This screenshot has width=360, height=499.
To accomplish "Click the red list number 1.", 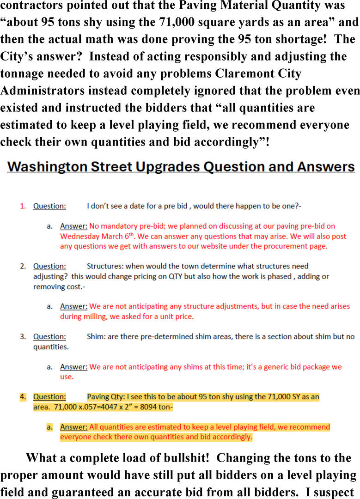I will tap(23, 206).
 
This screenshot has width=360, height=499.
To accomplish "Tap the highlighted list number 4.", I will tap(23, 397).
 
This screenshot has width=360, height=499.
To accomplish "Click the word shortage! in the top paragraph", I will tap(299, 39).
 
